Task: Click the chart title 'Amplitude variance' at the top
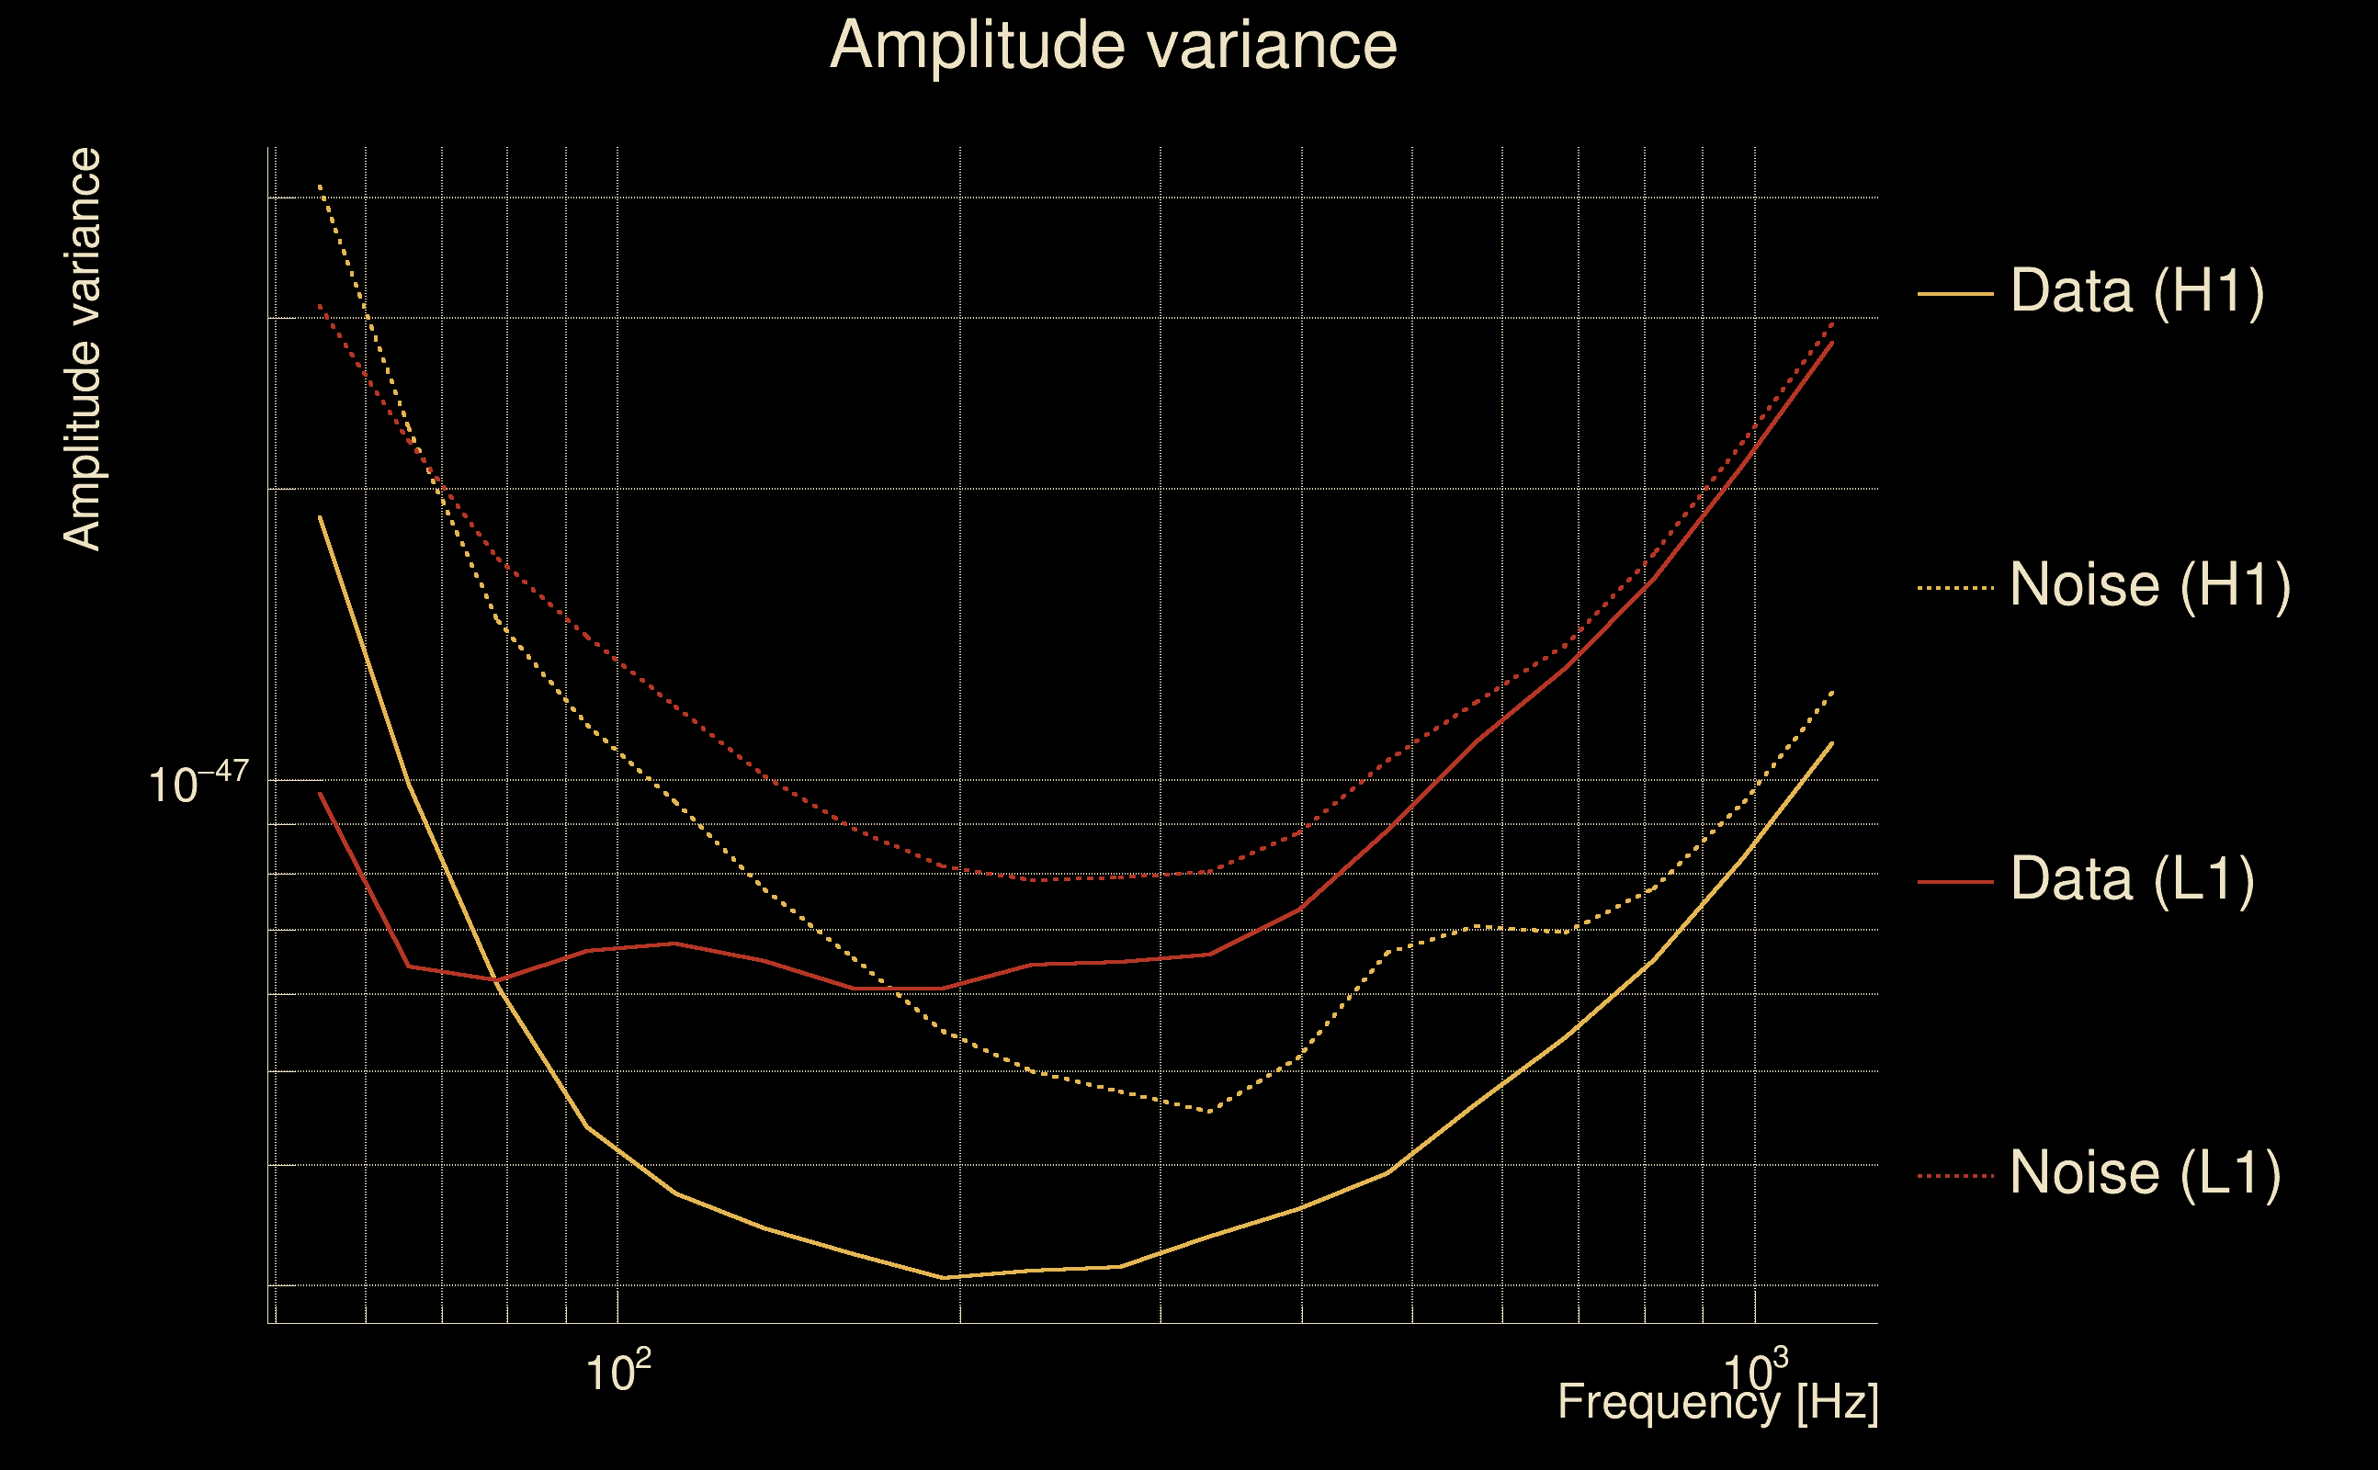coord(1113,45)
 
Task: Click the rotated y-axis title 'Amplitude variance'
coord(82,349)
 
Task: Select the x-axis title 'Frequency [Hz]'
coord(1718,1403)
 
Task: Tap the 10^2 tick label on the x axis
coord(618,1370)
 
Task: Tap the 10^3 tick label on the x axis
coord(1755,1370)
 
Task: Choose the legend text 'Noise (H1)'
coord(2149,584)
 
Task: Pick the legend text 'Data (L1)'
coord(2132,879)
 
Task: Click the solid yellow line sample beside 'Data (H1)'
coord(1955,293)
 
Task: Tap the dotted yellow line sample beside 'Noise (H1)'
coord(1955,587)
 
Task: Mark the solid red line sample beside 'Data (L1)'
coord(1955,882)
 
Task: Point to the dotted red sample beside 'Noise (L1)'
coord(1955,1175)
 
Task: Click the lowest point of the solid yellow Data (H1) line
coord(943,1277)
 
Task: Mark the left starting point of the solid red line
coord(320,793)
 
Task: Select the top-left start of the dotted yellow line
coord(320,185)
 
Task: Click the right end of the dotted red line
coord(1832,321)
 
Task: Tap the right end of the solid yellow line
coord(1832,742)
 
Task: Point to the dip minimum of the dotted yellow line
coord(1209,1110)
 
